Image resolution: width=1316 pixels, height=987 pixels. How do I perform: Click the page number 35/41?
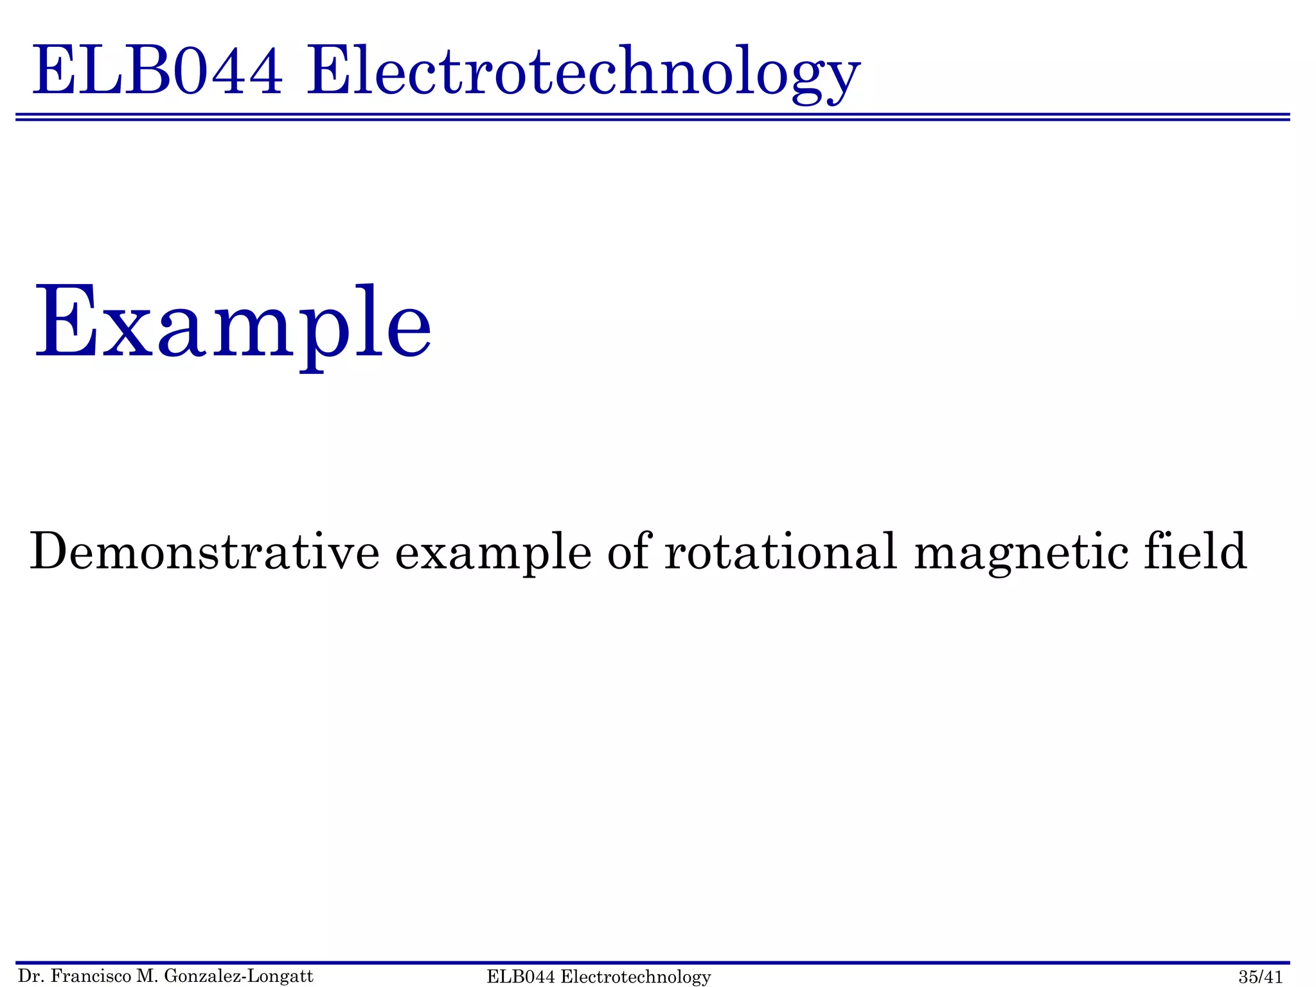pos(1261,977)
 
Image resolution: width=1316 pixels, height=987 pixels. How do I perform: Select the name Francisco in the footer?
pos(89,977)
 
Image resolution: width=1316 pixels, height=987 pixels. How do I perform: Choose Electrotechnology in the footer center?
pos(636,977)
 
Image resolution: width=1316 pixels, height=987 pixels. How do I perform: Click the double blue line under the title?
pos(653,117)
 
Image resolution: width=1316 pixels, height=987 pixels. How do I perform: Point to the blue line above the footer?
pos(653,963)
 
